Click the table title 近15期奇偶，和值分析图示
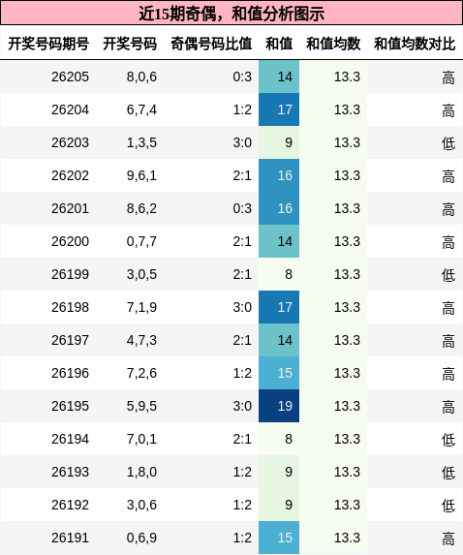click(231, 14)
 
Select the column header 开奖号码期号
click(48, 44)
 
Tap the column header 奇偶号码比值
click(211, 44)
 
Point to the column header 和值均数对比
click(415, 44)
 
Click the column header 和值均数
click(333, 44)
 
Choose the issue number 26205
click(70, 77)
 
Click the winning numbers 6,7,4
click(141, 109)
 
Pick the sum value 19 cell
click(279, 406)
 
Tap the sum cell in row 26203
click(279, 142)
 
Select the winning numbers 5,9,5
click(141, 406)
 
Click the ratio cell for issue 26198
click(242, 307)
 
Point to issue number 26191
click(70, 538)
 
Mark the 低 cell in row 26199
click(448, 275)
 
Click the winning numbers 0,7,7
click(141, 241)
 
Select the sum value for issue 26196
click(279, 373)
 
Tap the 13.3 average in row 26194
click(347, 439)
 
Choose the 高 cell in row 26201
click(448, 209)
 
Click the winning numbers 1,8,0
click(141, 472)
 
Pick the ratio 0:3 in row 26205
click(242, 77)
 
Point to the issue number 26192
click(70, 505)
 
